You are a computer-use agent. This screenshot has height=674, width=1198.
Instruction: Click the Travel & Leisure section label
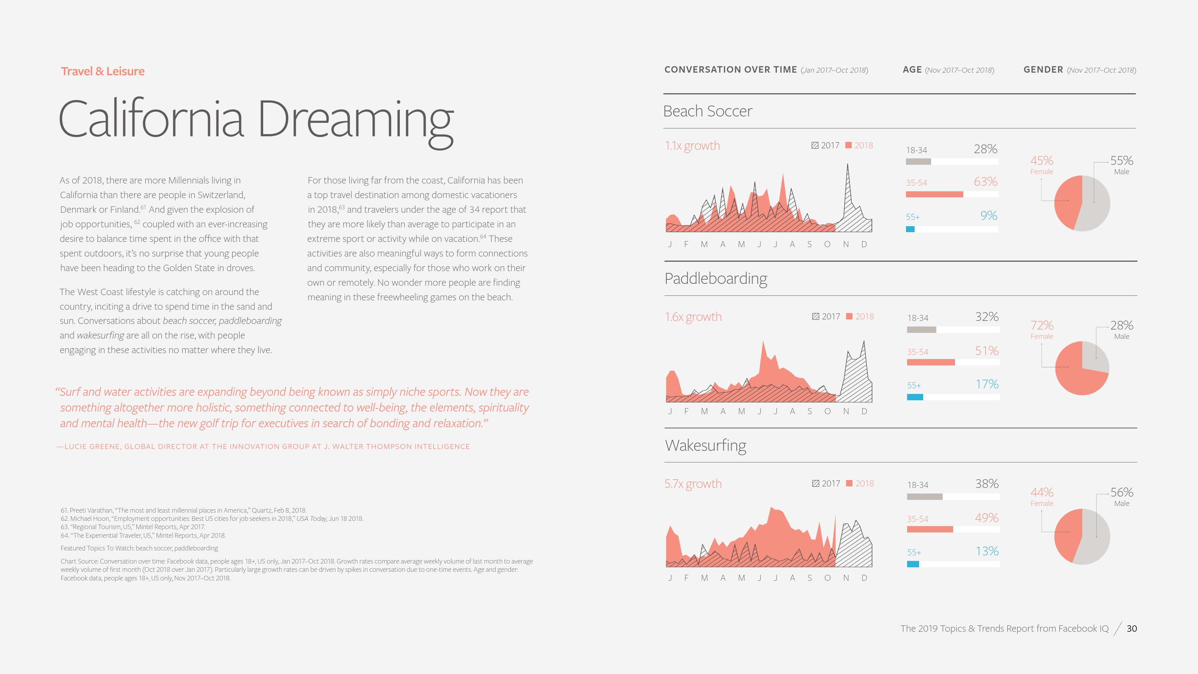[102, 71]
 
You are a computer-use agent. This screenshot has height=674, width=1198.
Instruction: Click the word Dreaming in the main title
[355, 120]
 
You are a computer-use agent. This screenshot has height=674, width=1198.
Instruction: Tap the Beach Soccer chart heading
[707, 111]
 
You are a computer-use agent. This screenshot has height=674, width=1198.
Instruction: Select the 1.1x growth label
[692, 146]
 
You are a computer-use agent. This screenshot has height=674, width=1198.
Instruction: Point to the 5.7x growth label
[693, 484]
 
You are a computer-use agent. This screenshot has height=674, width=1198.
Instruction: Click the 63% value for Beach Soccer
[985, 181]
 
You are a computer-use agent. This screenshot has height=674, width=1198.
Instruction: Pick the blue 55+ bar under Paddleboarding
[915, 397]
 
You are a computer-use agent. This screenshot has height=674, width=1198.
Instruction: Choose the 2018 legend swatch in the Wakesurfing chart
[849, 483]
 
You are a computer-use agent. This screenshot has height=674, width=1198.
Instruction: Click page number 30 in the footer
[1131, 628]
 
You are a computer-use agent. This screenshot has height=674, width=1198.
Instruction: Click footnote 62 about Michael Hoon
[212, 519]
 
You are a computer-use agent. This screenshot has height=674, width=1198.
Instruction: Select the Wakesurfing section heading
[705, 446]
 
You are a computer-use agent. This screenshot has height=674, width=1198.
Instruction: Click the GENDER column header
[1043, 70]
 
